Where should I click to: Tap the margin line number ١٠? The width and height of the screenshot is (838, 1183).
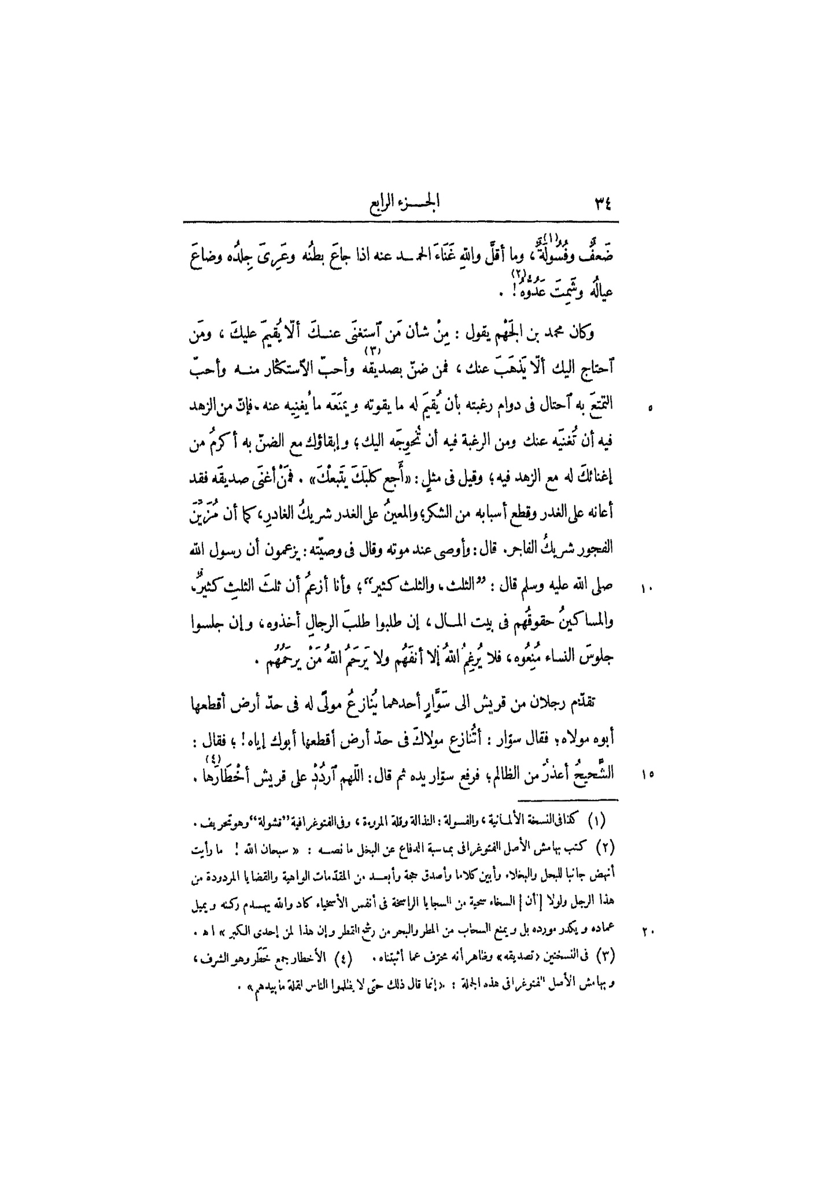(x=647, y=590)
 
